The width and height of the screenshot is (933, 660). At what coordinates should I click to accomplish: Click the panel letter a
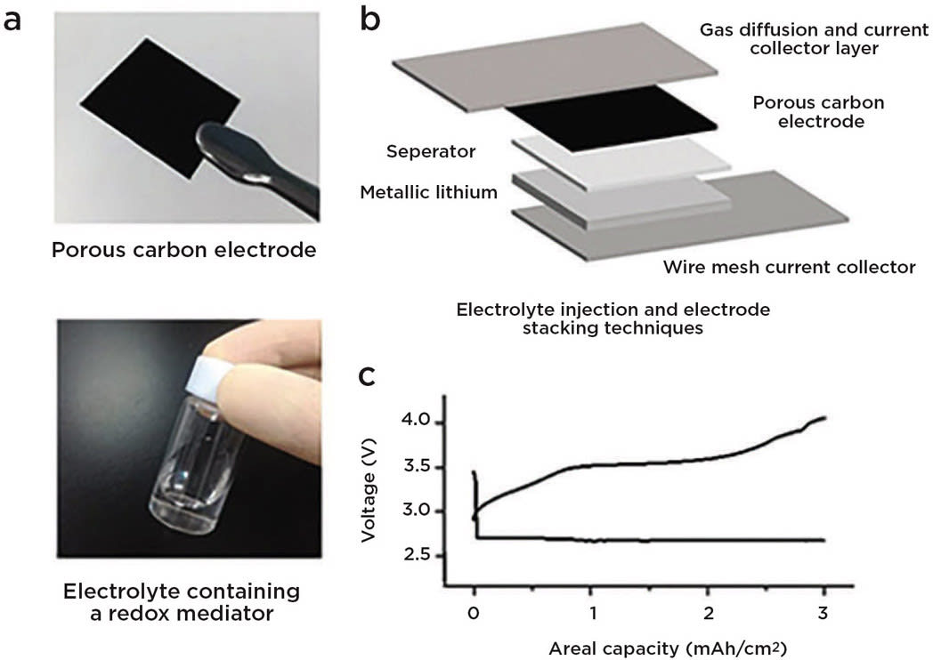tap(13, 20)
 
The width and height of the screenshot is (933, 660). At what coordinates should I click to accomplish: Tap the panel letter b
tap(370, 20)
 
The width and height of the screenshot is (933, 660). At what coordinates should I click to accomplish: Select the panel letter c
tap(369, 376)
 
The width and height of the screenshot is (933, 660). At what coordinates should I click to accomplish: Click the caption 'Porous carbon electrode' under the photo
tap(183, 249)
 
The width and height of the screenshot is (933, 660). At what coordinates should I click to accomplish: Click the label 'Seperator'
tap(431, 151)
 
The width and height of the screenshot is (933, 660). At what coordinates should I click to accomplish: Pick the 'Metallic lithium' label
tap(428, 191)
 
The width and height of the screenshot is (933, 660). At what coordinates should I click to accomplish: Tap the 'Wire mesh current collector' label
tap(790, 267)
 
